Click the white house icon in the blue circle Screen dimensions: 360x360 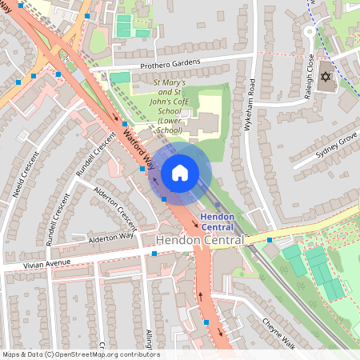[180, 172]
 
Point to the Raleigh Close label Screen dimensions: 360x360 [310, 72]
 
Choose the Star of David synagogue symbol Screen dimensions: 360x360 [326, 78]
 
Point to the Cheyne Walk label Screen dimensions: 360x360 [278, 333]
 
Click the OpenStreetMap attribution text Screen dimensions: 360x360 [80, 354]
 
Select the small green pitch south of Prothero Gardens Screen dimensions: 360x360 [119, 78]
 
